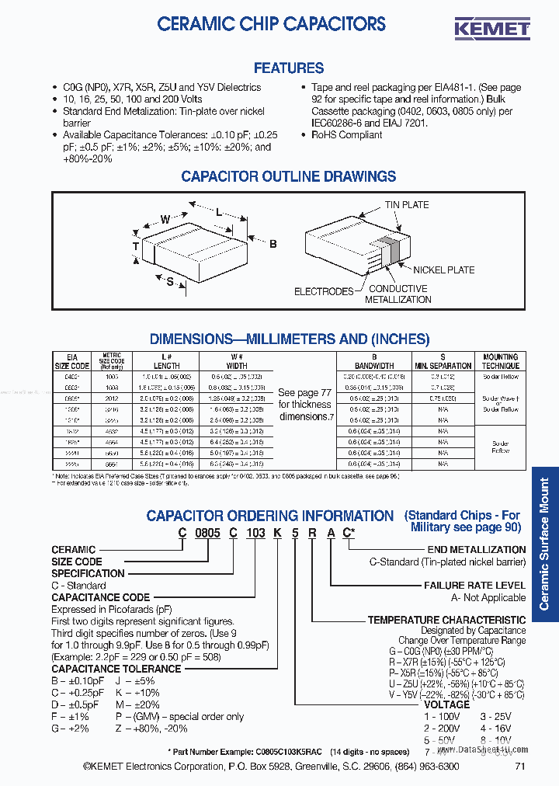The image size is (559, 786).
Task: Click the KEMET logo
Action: click(x=491, y=28)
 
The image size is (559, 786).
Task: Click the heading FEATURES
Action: click(x=289, y=68)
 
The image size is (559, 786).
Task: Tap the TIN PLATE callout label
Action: click(x=406, y=205)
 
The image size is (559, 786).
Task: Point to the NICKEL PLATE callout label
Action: click(x=443, y=270)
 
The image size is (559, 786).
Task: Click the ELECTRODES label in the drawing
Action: click(x=324, y=291)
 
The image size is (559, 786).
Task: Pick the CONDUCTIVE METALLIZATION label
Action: click(x=398, y=294)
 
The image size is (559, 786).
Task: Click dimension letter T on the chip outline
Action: click(x=135, y=247)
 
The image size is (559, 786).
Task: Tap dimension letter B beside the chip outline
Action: click(x=273, y=244)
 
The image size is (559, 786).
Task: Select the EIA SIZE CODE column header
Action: click(x=71, y=361)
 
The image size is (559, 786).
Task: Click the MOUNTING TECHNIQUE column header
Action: click(x=500, y=361)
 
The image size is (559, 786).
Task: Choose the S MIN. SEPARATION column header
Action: click(x=443, y=361)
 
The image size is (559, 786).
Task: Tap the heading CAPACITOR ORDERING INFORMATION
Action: click(x=270, y=516)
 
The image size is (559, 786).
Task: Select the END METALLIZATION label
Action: click(x=476, y=550)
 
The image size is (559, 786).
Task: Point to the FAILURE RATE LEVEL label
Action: click(x=474, y=586)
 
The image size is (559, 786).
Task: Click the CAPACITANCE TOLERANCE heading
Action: click(x=116, y=669)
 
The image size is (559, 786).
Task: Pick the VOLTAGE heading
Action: click(x=446, y=704)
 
